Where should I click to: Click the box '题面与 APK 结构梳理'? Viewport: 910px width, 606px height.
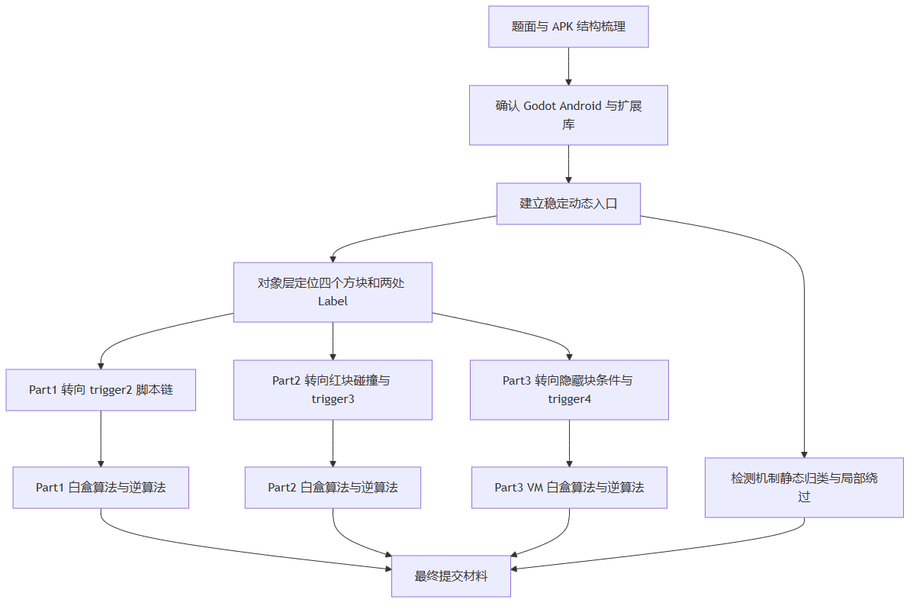click(568, 27)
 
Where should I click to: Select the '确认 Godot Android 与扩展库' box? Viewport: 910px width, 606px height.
click(568, 114)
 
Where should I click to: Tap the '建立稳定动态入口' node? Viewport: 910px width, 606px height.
click(568, 203)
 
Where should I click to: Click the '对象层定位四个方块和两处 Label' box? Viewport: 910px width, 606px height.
click(333, 292)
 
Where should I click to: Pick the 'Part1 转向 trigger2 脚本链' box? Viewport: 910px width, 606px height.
click(101, 389)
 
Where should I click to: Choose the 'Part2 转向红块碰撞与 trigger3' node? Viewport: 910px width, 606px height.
click(333, 389)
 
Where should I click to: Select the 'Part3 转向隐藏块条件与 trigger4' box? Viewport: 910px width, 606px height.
click(569, 389)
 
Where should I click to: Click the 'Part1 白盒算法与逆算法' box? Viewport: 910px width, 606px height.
click(101, 487)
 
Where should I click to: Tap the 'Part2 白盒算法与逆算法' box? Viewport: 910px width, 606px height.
click(333, 487)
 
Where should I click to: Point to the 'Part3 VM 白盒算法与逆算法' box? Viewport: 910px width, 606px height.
click(569, 487)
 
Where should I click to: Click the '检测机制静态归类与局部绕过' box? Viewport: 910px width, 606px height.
click(804, 487)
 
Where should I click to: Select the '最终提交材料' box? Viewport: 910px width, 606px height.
click(451, 575)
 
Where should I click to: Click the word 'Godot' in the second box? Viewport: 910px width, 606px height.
click(541, 106)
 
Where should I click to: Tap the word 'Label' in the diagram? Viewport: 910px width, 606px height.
click(333, 301)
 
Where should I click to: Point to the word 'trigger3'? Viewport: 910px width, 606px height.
click(333, 398)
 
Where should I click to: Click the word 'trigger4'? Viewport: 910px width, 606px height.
click(569, 398)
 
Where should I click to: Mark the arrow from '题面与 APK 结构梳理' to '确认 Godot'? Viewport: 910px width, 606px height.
click(568, 66)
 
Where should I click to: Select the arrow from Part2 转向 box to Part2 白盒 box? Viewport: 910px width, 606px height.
click(333, 443)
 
